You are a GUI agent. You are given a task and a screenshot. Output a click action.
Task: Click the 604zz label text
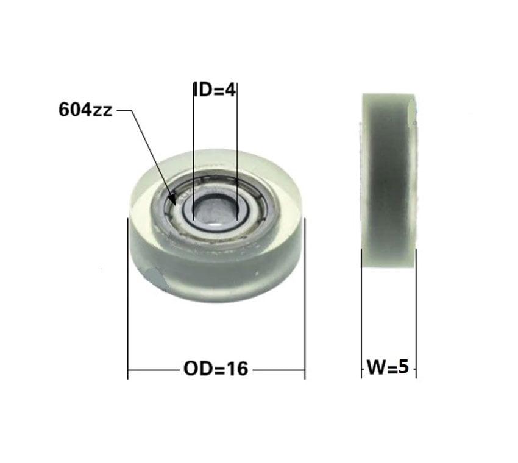point(85,110)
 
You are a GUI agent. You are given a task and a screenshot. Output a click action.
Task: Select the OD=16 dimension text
point(215,369)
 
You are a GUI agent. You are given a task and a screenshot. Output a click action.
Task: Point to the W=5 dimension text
point(388,368)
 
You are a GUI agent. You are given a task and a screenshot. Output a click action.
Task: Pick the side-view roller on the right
point(389,180)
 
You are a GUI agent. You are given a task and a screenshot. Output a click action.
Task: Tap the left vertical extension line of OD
point(128,299)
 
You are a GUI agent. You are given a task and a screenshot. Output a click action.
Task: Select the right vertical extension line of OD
point(305,299)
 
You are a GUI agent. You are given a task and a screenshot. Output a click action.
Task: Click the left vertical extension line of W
point(361,317)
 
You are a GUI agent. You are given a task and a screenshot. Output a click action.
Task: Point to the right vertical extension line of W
point(416,317)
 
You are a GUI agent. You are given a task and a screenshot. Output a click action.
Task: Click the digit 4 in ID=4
point(230,90)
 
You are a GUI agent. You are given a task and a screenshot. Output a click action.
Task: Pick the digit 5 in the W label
point(403,368)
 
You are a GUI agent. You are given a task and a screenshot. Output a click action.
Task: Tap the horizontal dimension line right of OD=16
point(278,370)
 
